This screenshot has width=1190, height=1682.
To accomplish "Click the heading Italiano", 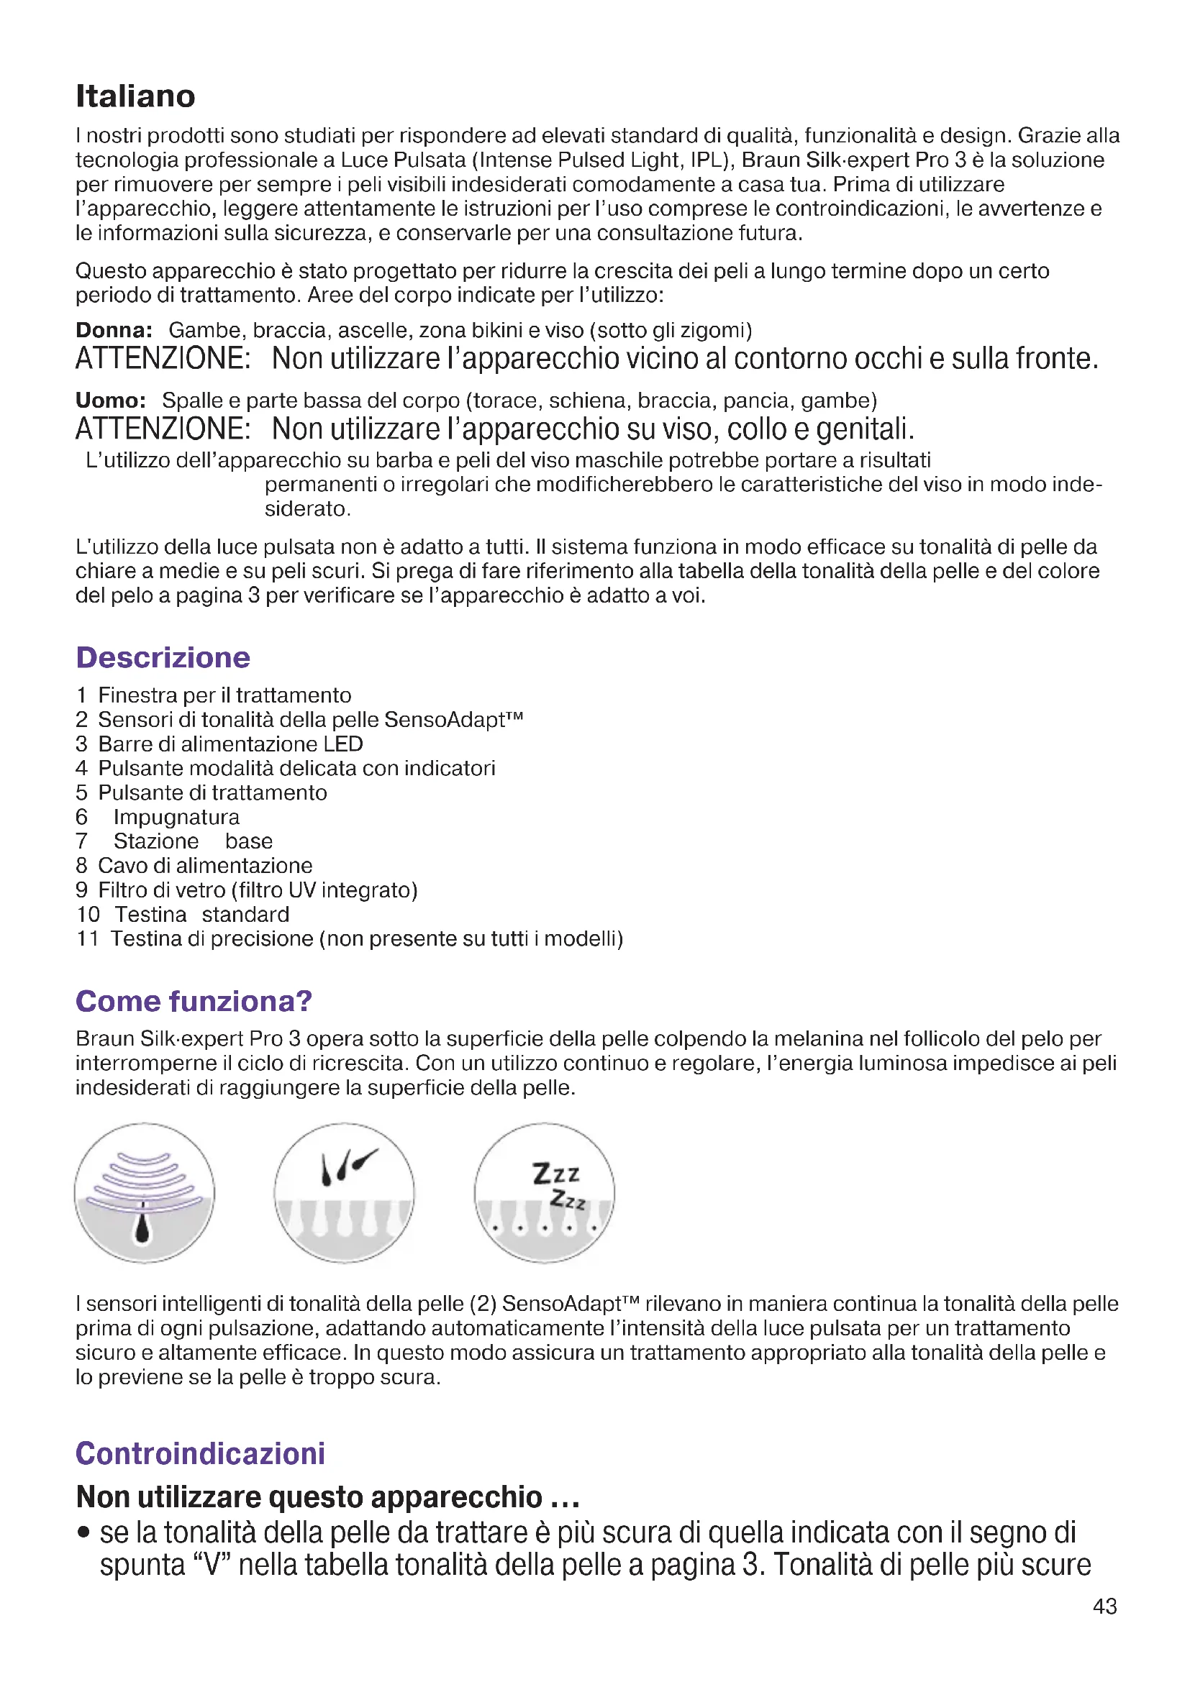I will (x=135, y=96).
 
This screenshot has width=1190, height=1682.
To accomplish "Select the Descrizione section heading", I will (x=163, y=657).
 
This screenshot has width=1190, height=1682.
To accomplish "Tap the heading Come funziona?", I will (x=194, y=1001).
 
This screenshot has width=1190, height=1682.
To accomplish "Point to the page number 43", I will (x=1104, y=1606).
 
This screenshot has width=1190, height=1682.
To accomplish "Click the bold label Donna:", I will (x=114, y=330).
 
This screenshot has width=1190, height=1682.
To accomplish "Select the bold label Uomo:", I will (x=111, y=401).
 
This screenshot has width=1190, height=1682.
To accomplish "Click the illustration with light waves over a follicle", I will (x=145, y=1192).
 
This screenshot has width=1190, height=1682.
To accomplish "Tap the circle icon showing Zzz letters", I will (x=544, y=1192).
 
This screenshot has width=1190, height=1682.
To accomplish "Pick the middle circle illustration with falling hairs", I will (x=345, y=1192).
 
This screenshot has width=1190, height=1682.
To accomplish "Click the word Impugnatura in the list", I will (x=176, y=817).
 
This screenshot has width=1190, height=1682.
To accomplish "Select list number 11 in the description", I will (x=87, y=938).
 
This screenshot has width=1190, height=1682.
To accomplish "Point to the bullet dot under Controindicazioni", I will (x=84, y=1532).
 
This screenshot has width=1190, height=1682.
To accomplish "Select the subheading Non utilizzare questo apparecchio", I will (x=327, y=1497).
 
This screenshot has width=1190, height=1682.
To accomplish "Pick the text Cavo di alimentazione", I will (x=205, y=866).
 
